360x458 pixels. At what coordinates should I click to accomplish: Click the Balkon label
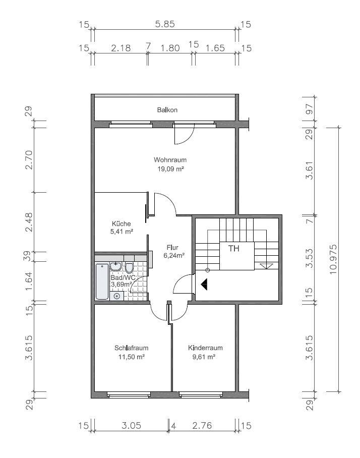coord(167,110)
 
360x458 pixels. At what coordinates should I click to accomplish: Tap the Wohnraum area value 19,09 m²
coord(170,169)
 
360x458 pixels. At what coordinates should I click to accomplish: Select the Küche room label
coord(121,224)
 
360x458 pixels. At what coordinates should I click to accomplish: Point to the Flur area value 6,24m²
coord(174,255)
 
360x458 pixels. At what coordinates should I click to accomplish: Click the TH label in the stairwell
coord(233,249)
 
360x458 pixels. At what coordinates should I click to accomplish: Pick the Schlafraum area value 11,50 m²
coord(132,357)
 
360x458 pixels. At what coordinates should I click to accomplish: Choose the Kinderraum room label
coord(205,348)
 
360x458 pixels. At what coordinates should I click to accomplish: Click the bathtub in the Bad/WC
coord(102,281)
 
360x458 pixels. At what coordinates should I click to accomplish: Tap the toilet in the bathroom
coord(129,267)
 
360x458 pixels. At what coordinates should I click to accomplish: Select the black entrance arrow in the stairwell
coord(204,284)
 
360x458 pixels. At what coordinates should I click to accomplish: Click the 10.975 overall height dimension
coord(333,259)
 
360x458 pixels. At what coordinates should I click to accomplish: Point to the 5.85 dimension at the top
coord(165,24)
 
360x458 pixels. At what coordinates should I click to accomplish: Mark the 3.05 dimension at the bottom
coord(132,425)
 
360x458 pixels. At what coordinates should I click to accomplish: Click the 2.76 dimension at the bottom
coord(202,425)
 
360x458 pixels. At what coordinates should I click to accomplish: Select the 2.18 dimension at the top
coord(121,47)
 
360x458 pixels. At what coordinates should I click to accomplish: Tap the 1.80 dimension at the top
coord(170,47)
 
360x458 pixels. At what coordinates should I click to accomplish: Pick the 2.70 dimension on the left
coord(29,160)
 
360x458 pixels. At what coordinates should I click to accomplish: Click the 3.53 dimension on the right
coord(309,258)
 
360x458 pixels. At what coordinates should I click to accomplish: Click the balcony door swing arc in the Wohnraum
coord(188,138)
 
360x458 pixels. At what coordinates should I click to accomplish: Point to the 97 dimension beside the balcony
coord(309,109)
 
